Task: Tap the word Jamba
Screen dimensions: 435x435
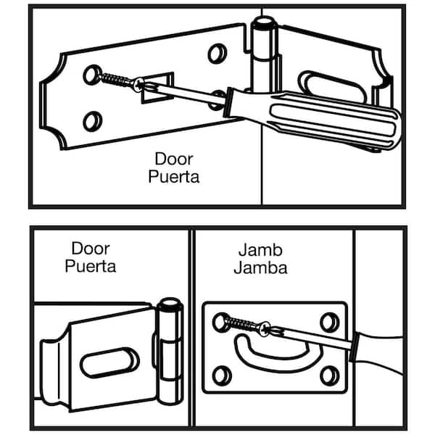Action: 260,267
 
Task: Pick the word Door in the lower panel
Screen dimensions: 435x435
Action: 87,249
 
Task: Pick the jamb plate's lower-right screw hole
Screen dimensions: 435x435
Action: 331,375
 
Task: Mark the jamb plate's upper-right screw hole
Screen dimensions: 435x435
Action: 331,319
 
